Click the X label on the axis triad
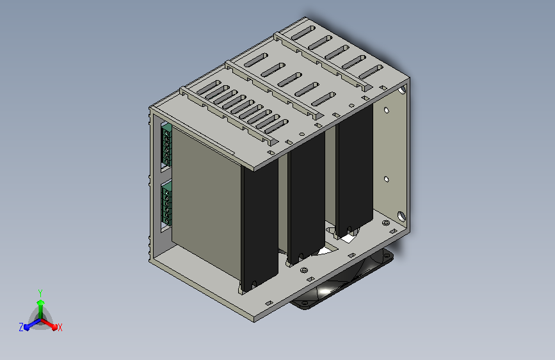[x=60, y=327]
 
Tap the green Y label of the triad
[x=40, y=293]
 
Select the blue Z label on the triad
[x=21, y=327]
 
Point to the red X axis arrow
[x=49, y=324]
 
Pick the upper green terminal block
[x=166, y=146]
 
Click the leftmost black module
[x=259, y=227]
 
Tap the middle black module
[x=307, y=199]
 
